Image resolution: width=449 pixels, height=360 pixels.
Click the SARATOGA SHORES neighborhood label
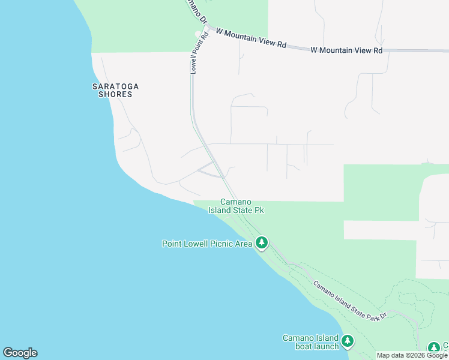(115, 90)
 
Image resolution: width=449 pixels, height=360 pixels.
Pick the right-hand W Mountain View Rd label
(346, 50)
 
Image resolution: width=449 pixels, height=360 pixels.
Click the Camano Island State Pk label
(236, 206)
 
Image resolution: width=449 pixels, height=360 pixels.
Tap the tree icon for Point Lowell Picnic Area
(261, 243)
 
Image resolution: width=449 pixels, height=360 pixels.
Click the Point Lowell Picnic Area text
(207, 244)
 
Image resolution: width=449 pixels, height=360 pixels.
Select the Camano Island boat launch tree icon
(348, 341)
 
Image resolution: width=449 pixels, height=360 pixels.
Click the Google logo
(20, 353)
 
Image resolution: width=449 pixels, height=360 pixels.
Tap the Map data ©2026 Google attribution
(412, 355)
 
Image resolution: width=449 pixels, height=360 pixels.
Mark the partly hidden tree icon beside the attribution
(433, 348)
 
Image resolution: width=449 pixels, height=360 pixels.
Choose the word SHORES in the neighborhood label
(115, 94)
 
